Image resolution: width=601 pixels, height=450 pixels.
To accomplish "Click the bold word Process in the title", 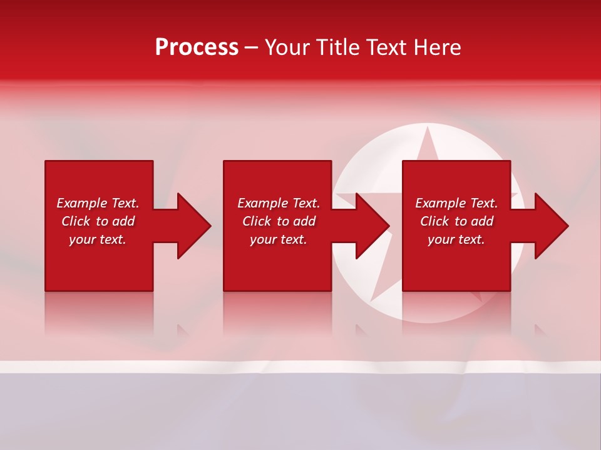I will coord(197,47).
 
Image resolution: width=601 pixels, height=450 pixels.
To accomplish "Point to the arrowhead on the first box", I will coord(192,226).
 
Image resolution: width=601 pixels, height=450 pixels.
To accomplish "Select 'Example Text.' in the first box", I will coord(98,203).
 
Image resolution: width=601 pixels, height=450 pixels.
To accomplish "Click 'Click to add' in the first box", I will coord(98,221).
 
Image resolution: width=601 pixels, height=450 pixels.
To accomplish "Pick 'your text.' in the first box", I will coord(98,239).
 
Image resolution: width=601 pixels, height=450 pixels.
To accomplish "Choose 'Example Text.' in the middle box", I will coord(279,203).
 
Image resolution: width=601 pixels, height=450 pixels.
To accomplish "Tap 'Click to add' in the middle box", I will coord(279,221).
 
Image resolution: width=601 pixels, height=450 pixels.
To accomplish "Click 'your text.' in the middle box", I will coord(279,239).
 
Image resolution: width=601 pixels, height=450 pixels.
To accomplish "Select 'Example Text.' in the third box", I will coord(456,203).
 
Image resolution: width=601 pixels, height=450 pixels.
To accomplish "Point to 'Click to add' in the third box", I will coord(456,221).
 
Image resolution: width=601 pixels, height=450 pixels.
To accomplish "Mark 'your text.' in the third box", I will coord(456,239).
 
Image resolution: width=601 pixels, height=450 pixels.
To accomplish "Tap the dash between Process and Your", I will coord(251,48).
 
